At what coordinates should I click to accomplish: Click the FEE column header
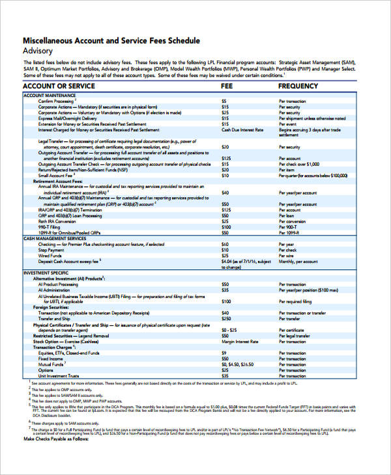tap(227, 86)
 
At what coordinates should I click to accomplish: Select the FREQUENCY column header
tap(298, 86)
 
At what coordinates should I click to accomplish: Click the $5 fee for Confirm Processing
tap(224, 102)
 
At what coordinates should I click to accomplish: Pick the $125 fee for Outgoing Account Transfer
tap(226, 158)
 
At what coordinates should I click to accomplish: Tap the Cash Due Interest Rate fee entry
tap(242, 129)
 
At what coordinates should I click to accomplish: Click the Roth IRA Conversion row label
tap(60, 221)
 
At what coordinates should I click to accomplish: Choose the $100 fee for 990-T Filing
tap(226, 227)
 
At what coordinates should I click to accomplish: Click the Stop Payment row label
tap(51, 250)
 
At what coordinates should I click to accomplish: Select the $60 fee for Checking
tap(225, 244)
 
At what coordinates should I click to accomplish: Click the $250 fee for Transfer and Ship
tap(226, 318)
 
